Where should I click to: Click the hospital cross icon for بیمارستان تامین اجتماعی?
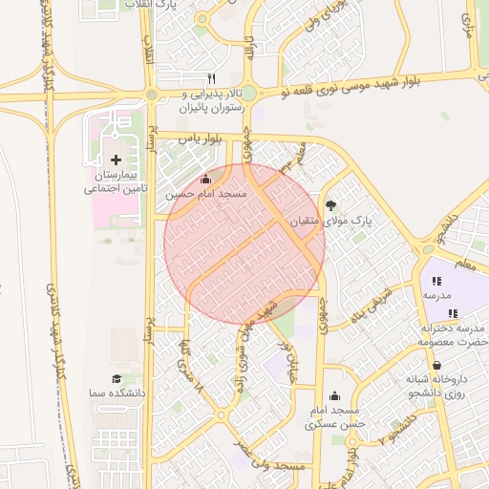[117, 159]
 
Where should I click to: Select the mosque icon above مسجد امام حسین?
[205, 179]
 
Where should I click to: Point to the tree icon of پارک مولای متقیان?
[331, 204]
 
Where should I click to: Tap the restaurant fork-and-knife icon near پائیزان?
[212, 77]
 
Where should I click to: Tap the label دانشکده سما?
[117, 393]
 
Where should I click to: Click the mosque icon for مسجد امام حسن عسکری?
[334, 396]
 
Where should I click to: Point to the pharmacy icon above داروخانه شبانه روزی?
[437, 365]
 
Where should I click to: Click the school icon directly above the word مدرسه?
[436, 281]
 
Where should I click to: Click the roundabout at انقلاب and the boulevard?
[152, 94]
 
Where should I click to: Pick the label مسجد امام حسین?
[206, 194]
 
